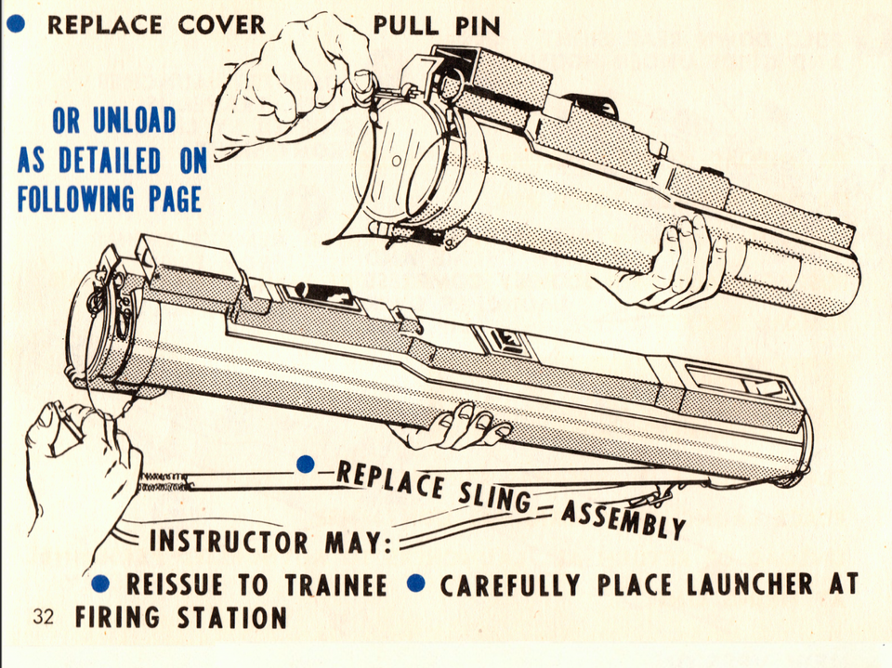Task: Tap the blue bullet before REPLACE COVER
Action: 16,24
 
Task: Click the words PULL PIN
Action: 436,26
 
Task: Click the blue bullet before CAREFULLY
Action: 417,583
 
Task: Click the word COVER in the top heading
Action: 221,24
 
